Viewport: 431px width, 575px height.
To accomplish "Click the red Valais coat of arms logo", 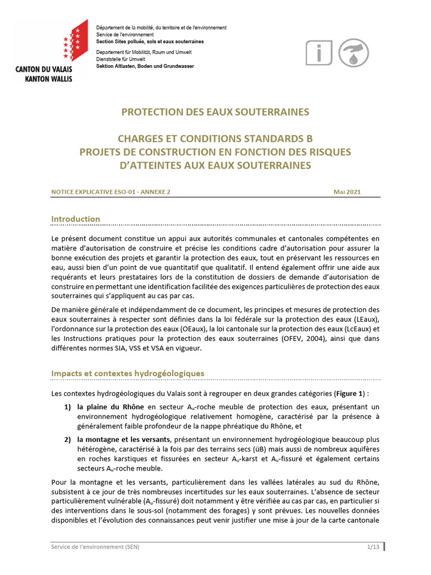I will pyautogui.click(x=75, y=40).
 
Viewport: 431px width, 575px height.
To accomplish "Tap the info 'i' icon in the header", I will pyautogui.click(x=319, y=53).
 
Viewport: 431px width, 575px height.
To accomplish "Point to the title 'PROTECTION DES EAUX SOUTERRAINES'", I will pyautogui.click(x=215, y=112).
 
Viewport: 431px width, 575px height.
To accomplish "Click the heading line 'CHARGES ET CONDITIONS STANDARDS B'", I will pyautogui.click(x=215, y=139).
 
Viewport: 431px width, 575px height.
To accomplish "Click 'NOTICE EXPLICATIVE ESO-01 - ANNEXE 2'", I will pyautogui.click(x=111, y=191).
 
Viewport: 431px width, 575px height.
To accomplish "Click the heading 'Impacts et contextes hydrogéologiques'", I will pyautogui.click(x=128, y=373).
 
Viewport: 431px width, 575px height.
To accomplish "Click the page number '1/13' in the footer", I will pyautogui.click(x=373, y=546).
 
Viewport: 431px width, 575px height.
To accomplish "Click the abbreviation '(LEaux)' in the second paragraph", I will pyautogui.click(x=365, y=319).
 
